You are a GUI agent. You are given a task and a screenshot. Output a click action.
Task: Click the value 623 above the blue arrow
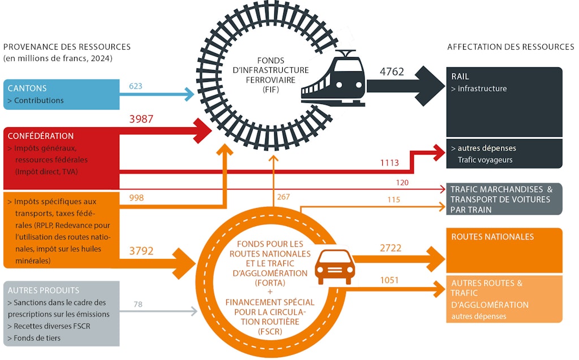135,86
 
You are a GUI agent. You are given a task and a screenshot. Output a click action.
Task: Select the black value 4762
392,72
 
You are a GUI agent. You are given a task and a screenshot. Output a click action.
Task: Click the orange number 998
136,198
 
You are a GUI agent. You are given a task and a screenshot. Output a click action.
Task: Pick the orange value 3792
141,251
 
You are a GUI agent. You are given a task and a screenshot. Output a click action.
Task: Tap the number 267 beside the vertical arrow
283,197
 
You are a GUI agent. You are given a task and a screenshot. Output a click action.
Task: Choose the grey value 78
138,305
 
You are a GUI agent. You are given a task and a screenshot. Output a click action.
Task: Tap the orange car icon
335,266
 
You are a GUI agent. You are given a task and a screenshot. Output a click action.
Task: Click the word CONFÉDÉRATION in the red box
41,136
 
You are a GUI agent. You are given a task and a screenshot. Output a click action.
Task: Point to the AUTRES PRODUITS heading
44,290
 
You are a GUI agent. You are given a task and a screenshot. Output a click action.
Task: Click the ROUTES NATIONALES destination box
505,250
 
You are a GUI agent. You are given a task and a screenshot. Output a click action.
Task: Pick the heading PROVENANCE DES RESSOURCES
67,47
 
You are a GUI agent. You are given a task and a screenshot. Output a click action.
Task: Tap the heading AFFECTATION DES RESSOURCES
510,47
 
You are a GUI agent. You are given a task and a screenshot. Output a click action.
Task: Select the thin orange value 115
394,199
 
